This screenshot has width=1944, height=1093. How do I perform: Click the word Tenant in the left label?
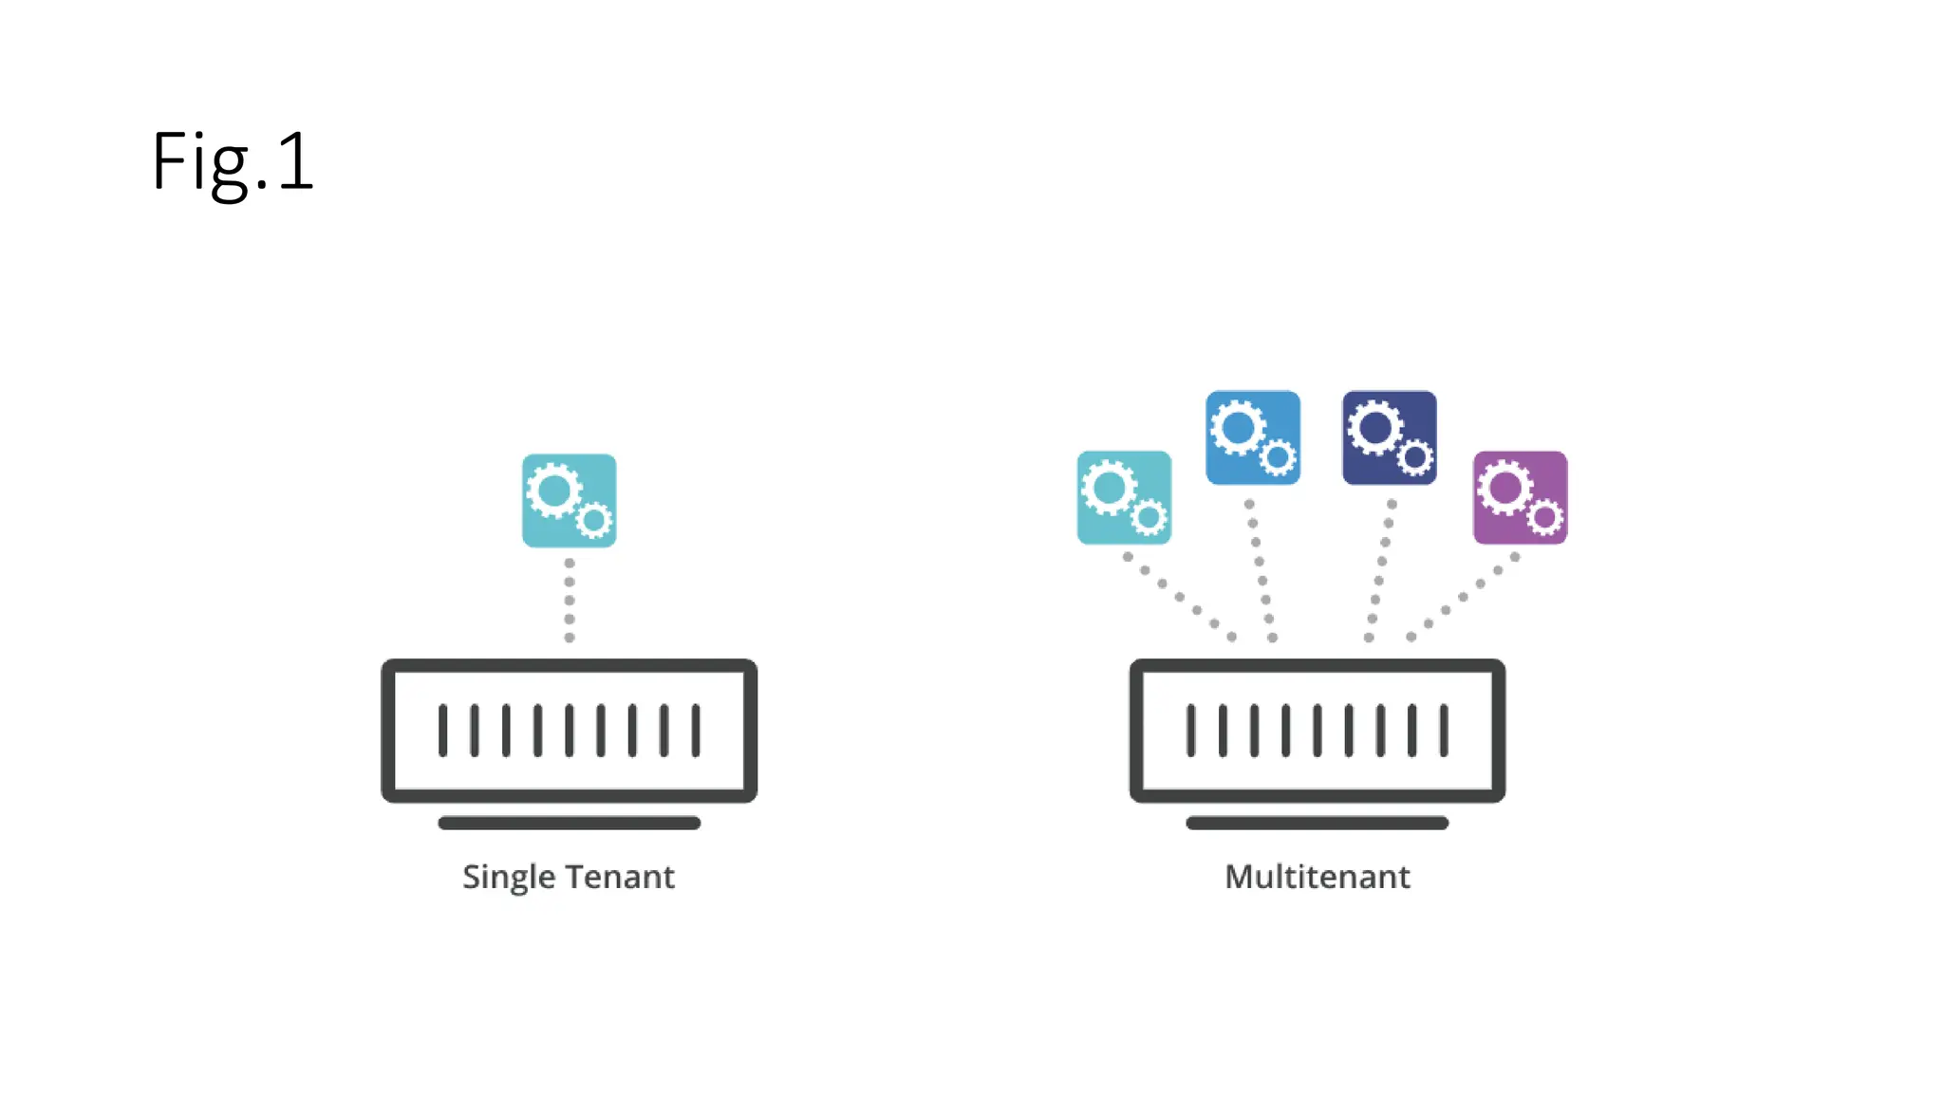[x=624, y=877]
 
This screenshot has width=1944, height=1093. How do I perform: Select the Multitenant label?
[x=1317, y=877]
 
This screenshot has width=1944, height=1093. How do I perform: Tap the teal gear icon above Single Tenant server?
[x=569, y=500]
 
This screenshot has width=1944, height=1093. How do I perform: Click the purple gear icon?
[x=1520, y=497]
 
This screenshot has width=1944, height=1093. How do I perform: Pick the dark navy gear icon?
[x=1389, y=437]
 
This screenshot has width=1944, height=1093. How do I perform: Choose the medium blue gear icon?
[x=1252, y=437]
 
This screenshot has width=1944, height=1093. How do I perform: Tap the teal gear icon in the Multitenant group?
[x=1124, y=497]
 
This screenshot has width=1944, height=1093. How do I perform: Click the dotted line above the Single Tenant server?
[x=569, y=600]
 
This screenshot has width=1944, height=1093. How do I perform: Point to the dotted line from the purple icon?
[x=1463, y=597]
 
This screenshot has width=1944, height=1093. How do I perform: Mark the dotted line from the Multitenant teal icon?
[x=1179, y=597]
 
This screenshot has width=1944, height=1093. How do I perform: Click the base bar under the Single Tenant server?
[x=569, y=823]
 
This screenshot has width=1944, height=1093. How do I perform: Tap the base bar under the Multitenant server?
[x=1317, y=823]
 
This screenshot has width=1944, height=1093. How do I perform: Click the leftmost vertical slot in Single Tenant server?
[x=442, y=730]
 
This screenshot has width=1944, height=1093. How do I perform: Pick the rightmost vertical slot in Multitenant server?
[x=1444, y=730]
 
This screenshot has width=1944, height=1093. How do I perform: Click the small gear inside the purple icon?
[x=1544, y=517]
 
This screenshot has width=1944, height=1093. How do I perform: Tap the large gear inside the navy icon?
[x=1375, y=428]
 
